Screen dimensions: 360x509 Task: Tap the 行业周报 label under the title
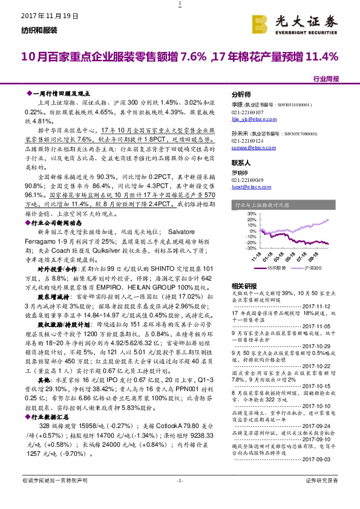click(x=326, y=79)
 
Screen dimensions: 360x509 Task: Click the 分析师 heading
click(x=241, y=95)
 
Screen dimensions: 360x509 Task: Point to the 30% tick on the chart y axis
click(x=235, y=213)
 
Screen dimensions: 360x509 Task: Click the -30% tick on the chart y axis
click(x=235, y=248)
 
